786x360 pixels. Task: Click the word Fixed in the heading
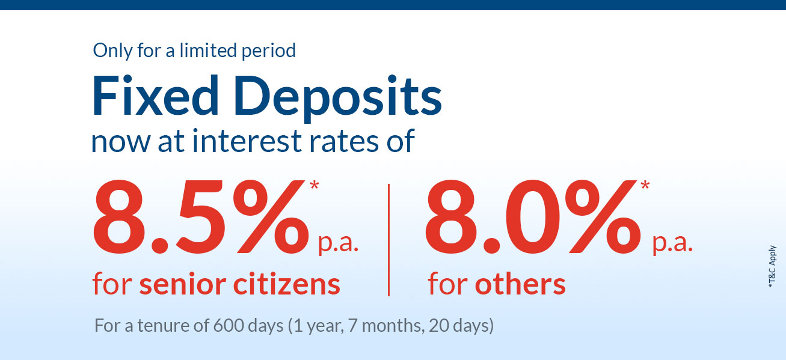[x=155, y=95]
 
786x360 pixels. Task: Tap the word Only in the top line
[x=112, y=51]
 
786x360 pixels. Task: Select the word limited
[x=208, y=50]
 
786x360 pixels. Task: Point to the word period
[x=269, y=51]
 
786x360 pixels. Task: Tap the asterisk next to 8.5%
[x=315, y=185]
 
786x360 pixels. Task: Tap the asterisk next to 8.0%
[x=645, y=185]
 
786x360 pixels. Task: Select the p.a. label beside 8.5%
[x=338, y=244]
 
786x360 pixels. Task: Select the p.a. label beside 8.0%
[x=672, y=244]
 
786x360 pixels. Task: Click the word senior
[x=182, y=284]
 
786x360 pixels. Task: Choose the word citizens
[x=287, y=283]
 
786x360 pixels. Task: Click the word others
[x=520, y=283]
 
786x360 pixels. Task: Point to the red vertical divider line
[x=388, y=240]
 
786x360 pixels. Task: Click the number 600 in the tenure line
[x=229, y=326]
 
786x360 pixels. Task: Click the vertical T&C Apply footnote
[x=772, y=266]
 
